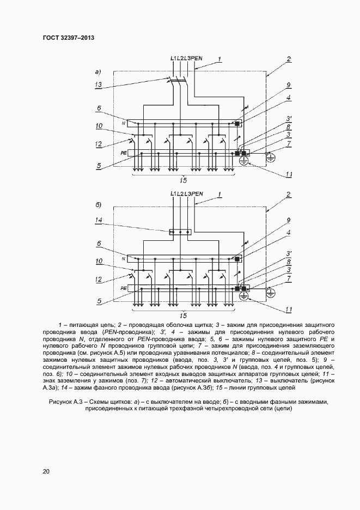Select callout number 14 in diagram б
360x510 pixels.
(x=99, y=220)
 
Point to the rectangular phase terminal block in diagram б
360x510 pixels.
(x=180, y=233)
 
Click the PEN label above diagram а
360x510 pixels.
(x=197, y=58)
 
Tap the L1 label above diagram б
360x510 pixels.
(x=173, y=193)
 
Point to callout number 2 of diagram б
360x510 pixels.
(x=289, y=195)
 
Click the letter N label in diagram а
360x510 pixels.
(x=124, y=122)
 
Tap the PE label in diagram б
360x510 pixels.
(x=124, y=288)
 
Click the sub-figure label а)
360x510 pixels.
(x=99, y=71)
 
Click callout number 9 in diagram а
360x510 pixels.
(x=289, y=85)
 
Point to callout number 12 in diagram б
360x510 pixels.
(x=99, y=279)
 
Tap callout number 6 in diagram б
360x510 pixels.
(x=99, y=244)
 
